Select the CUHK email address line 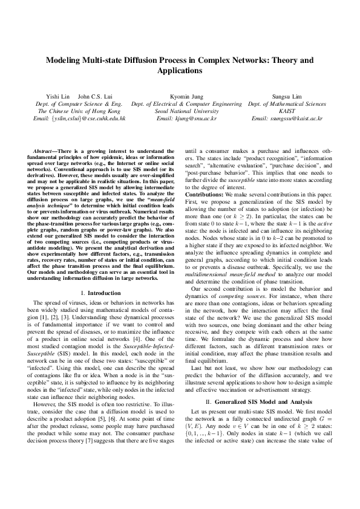79,119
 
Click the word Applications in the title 180,71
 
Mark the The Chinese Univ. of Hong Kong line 79,111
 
